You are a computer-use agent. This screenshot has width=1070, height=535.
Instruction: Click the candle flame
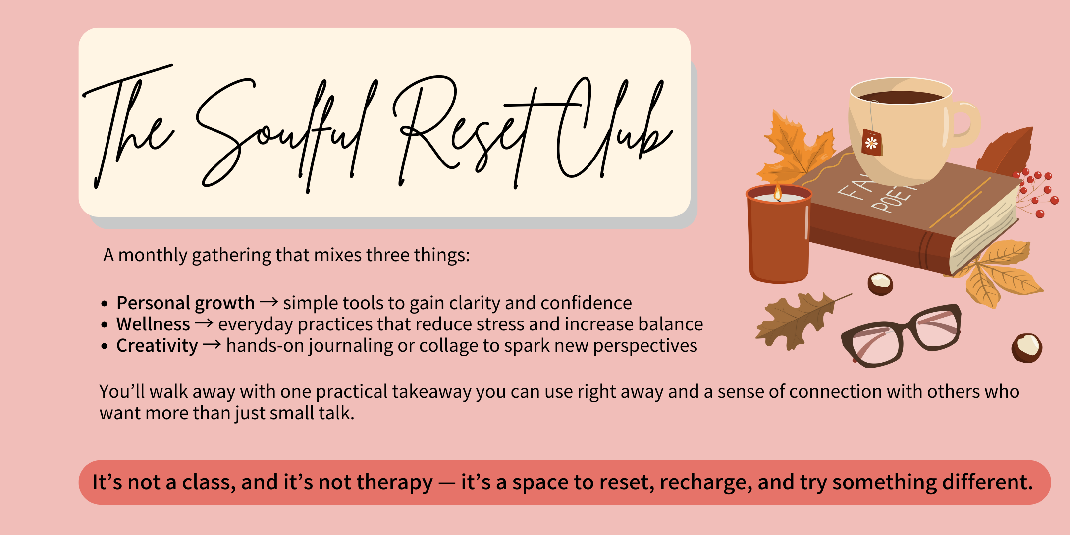[x=778, y=192]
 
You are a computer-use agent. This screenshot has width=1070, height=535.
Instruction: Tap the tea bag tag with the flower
[x=872, y=143]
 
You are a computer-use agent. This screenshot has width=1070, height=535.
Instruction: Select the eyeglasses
[x=902, y=334]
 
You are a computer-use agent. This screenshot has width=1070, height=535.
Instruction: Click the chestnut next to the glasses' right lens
[x=1026, y=348]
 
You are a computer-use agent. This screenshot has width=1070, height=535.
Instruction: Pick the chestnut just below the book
[x=880, y=284]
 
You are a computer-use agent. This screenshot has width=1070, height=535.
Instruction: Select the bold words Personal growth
[x=185, y=303]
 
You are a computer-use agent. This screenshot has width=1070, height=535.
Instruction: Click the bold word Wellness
[x=153, y=324]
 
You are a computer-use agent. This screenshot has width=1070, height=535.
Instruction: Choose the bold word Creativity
[x=157, y=345]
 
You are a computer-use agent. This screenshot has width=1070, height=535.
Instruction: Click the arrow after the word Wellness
[x=204, y=324]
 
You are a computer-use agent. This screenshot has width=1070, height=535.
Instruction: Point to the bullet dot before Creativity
[x=104, y=346]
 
